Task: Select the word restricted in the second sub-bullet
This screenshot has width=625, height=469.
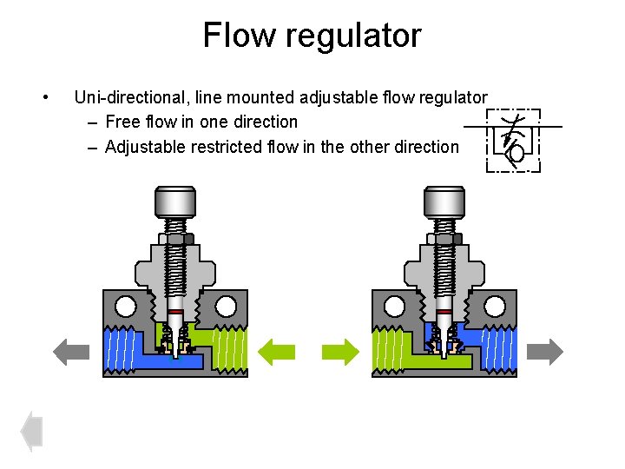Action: click(216, 147)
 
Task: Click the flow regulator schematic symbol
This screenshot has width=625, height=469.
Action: click(513, 140)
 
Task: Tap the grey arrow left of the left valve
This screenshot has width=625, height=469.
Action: click(71, 351)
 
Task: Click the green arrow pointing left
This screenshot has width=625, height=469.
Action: click(279, 351)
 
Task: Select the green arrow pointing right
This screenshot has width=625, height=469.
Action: click(339, 351)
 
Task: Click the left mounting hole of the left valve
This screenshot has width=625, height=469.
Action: click(125, 306)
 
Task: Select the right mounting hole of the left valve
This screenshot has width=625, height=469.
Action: click(226, 306)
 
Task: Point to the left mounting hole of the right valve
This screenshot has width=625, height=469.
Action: click(394, 306)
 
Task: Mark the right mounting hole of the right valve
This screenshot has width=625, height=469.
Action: click(495, 306)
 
